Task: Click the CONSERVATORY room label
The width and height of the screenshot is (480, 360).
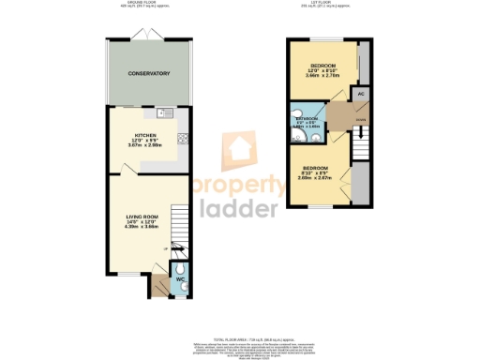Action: [149, 73]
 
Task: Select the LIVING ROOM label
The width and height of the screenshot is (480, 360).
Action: [142, 217]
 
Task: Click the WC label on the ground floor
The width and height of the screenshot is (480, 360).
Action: [178, 280]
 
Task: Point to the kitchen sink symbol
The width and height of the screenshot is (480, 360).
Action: [165, 114]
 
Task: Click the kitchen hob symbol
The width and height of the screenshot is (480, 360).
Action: [183, 140]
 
